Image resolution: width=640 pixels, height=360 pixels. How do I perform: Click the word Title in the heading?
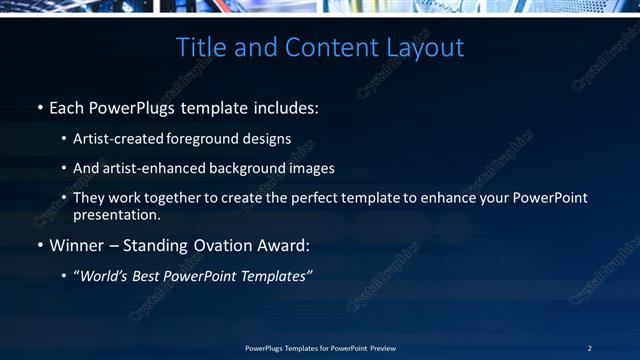200,47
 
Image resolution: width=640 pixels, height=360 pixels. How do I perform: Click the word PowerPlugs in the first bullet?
126,106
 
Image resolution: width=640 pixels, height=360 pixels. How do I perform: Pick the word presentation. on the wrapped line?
116,214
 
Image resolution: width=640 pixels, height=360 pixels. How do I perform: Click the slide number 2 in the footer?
590,348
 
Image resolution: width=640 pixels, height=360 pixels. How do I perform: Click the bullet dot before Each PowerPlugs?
40,106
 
